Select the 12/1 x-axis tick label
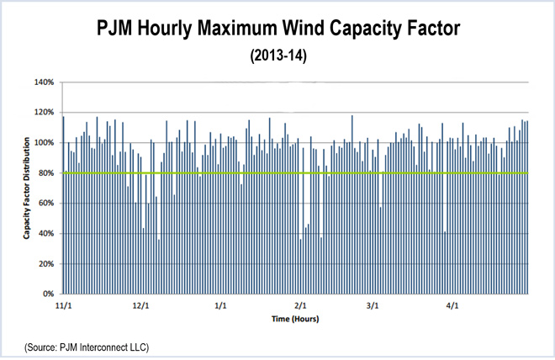[x=140, y=306]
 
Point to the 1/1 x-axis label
[x=221, y=306]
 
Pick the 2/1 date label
[x=300, y=306]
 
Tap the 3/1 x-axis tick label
[x=372, y=306]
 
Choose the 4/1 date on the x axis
[x=452, y=306]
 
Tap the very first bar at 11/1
[x=63, y=206]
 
